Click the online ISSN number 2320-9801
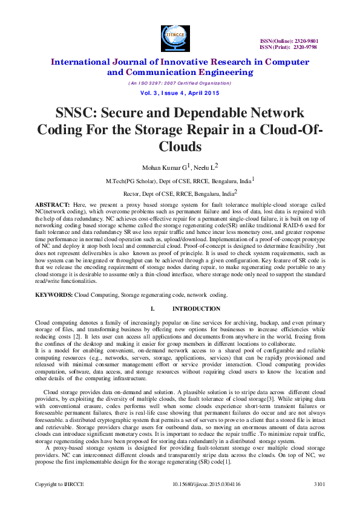click(306, 41)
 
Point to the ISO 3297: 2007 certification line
click(180, 83)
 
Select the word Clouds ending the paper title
click(180, 146)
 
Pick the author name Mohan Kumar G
click(157, 166)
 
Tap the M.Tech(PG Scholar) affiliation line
click(178, 181)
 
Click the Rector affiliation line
click(178, 194)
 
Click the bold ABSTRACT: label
click(53, 206)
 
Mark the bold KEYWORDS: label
click(54, 295)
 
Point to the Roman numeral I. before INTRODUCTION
click(152, 309)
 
